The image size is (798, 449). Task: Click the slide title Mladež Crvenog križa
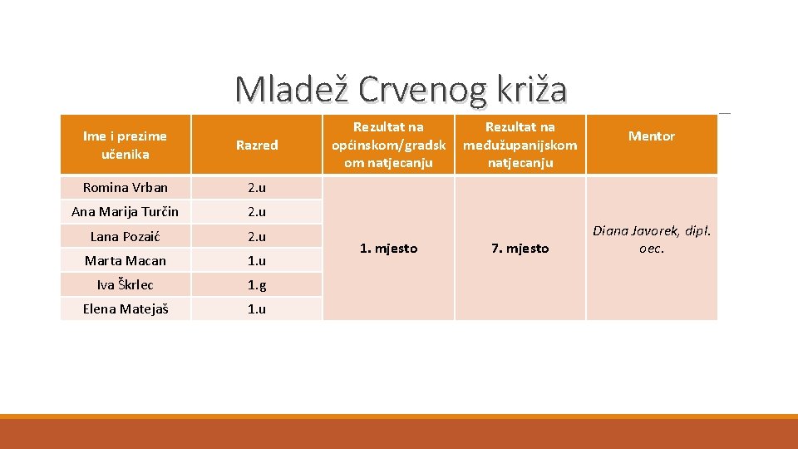coord(401,90)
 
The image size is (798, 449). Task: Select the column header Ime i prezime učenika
coord(125,145)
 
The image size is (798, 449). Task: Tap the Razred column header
coord(257,145)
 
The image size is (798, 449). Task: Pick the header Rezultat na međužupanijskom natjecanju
coord(520,145)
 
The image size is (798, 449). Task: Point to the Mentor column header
coord(651,136)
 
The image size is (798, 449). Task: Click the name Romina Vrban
coord(125,187)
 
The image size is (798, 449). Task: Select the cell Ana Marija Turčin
coord(125,211)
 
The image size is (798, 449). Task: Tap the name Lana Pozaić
coord(125,236)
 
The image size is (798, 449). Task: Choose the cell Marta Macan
coord(125,260)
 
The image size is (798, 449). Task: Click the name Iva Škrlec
coord(125,284)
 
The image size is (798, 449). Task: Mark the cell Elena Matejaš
coord(125,308)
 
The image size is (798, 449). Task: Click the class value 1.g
coord(257,284)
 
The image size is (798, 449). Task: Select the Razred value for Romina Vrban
coord(257,187)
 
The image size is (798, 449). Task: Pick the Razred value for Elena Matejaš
coord(257,308)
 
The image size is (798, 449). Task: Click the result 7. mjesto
coord(520,248)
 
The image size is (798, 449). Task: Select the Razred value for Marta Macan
coord(257,260)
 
